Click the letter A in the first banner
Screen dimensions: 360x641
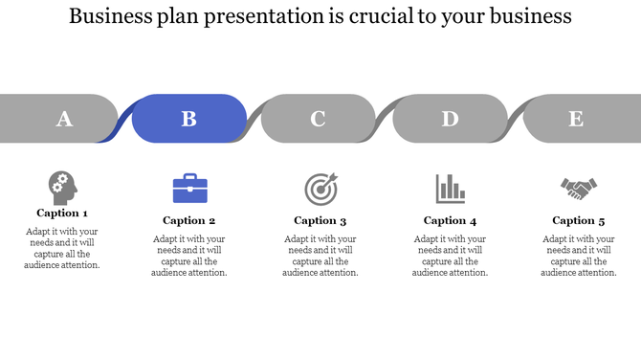point(64,119)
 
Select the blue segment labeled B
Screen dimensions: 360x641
point(189,119)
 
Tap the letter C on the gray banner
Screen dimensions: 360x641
point(318,119)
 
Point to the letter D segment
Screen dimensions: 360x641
point(450,119)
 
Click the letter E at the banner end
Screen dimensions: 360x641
point(576,119)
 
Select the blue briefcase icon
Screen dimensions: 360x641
point(189,189)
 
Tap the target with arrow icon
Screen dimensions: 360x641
point(320,189)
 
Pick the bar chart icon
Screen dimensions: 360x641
point(450,189)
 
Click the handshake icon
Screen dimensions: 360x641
point(579,189)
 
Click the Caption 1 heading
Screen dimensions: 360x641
point(62,214)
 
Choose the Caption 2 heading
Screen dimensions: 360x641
point(189,220)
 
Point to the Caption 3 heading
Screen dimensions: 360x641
point(320,220)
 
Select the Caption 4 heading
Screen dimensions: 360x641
point(450,220)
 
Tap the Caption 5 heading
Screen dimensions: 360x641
point(579,220)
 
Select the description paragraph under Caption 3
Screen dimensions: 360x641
point(320,256)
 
